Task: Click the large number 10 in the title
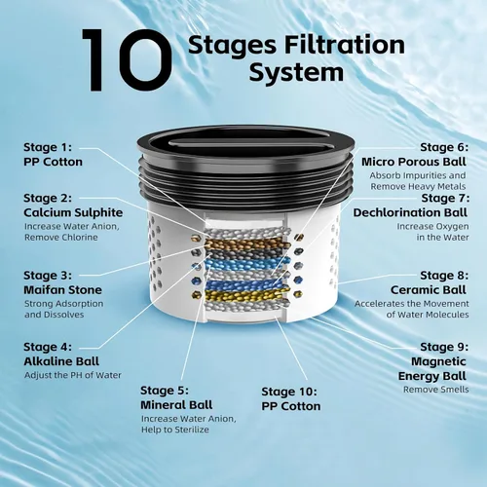click(x=127, y=60)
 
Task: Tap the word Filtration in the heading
click(x=344, y=45)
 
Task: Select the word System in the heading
click(x=296, y=72)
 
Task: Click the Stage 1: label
click(x=48, y=147)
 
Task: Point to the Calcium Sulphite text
click(x=73, y=212)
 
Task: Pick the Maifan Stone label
click(x=62, y=289)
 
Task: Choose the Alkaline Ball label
click(x=61, y=361)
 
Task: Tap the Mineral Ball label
click(x=176, y=404)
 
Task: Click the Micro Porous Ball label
click(x=414, y=162)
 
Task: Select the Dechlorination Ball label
click(x=410, y=212)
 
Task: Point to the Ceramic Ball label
click(x=429, y=289)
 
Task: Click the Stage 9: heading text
click(x=444, y=347)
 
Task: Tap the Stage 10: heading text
click(x=289, y=392)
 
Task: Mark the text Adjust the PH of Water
click(x=73, y=375)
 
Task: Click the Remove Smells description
click(x=436, y=390)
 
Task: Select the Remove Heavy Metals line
click(x=418, y=186)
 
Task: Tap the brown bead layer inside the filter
click(x=245, y=244)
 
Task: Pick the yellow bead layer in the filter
click(x=245, y=295)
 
